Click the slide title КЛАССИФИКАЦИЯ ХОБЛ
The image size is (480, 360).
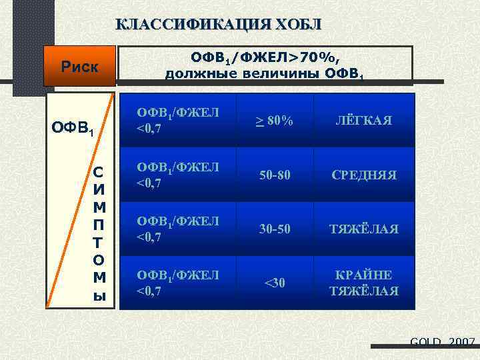click(x=218, y=25)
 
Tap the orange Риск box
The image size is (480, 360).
click(x=79, y=67)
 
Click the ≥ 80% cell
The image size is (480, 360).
click(x=275, y=121)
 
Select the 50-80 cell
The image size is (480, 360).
click(x=275, y=175)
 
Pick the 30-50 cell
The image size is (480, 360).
click(x=275, y=229)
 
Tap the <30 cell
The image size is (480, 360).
click(x=275, y=283)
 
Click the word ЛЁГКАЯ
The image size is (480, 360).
click(x=364, y=121)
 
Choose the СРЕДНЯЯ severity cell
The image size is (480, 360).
click(x=364, y=175)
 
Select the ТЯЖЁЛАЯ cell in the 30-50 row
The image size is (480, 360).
click(x=364, y=229)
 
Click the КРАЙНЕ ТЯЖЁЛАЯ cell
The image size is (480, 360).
click(x=364, y=283)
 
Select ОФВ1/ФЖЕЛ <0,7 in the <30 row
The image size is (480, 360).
click(x=178, y=282)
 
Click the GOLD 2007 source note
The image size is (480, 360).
click(x=442, y=343)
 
